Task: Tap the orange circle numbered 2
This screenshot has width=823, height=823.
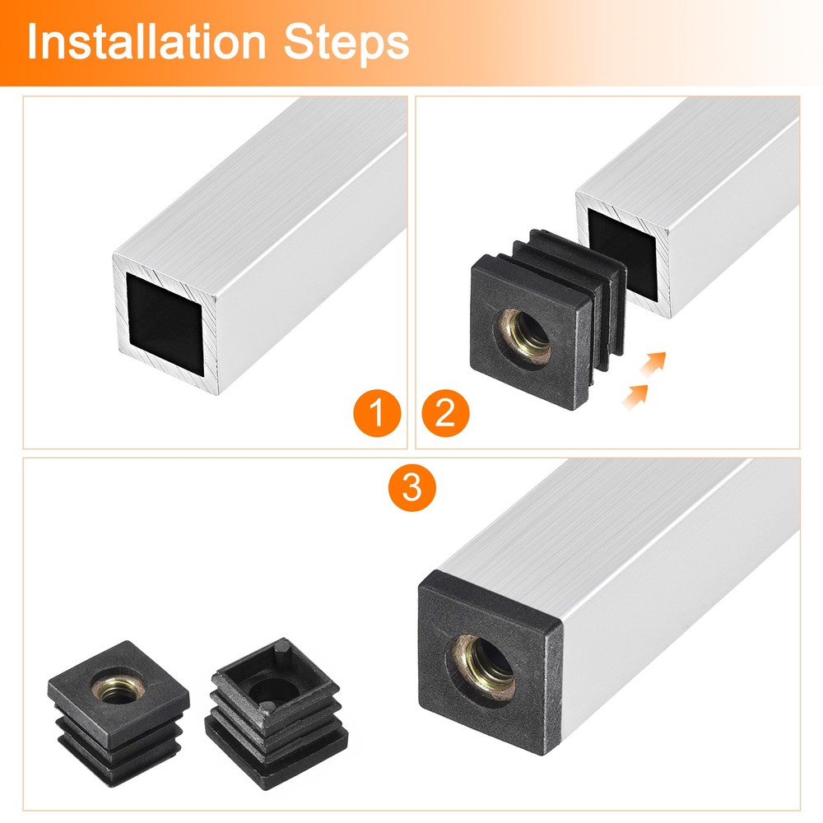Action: (444, 411)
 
